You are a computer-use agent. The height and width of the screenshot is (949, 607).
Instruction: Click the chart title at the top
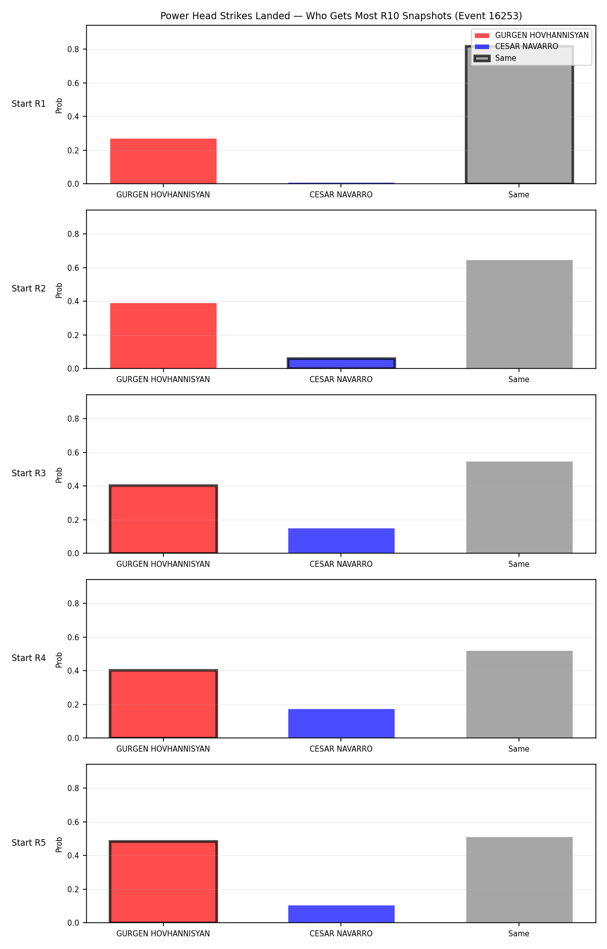click(x=341, y=16)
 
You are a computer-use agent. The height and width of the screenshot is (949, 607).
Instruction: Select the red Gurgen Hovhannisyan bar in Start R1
click(x=163, y=161)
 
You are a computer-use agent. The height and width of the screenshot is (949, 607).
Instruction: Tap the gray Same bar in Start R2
click(x=519, y=314)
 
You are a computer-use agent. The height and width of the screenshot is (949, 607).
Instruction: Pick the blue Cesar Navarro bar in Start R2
click(x=341, y=363)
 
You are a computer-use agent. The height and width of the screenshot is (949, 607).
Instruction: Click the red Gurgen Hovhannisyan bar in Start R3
click(x=163, y=519)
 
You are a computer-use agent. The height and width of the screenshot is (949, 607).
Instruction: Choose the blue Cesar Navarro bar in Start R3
click(x=341, y=541)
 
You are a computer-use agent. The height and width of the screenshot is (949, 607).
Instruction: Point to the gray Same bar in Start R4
click(x=519, y=694)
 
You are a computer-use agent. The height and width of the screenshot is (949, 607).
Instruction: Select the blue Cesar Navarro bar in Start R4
click(x=341, y=723)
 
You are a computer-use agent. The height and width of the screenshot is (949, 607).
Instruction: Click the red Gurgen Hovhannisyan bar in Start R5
click(x=163, y=882)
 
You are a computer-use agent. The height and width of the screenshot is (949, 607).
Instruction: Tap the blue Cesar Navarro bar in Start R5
click(x=341, y=914)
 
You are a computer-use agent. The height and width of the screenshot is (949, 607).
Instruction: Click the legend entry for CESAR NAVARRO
click(x=516, y=47)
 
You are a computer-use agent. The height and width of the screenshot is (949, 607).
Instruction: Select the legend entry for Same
click(x=496, y=58)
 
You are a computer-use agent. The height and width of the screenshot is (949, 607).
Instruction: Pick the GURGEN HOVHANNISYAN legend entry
click(x=532, y=35)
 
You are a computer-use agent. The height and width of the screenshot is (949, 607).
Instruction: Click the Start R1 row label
click(x=29, y=104)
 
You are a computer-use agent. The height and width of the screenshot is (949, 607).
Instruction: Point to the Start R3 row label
click(x=29, y=473)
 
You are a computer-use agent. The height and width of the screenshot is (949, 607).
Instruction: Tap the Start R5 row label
click(x=29, y=843)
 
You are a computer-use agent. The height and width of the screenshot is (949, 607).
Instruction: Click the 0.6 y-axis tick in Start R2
click(x=74, y=268)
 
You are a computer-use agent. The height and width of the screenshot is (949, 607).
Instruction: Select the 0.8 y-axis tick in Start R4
click(x=74, y=603)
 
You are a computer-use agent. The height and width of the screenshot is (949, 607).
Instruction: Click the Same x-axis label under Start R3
click(x=519, y=564)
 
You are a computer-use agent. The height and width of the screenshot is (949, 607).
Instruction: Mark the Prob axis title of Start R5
click(x=59, y=844)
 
